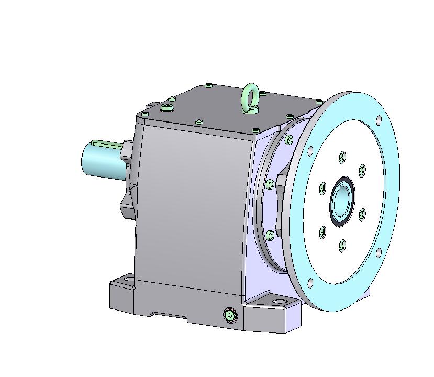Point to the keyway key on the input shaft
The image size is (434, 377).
107,142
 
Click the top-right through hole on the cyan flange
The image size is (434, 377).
379,120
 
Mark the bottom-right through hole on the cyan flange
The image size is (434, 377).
378,253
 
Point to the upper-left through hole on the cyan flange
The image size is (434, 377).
310,151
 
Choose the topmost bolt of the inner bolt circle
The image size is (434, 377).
342,156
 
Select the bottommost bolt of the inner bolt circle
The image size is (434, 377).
342,245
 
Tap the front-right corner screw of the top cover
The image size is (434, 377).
255,130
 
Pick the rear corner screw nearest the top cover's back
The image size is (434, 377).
209,85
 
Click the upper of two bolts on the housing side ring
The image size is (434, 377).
270,184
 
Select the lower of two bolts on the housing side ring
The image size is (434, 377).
271,235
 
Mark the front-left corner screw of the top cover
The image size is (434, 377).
143,113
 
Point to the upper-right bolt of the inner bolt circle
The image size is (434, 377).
362,170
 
